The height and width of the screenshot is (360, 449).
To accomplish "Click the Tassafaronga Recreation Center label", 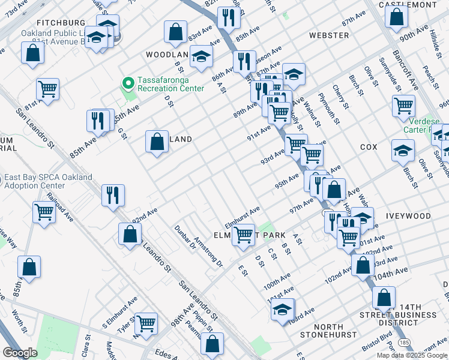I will point(170,84).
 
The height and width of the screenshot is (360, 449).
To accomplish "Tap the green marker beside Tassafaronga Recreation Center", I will point(127,82).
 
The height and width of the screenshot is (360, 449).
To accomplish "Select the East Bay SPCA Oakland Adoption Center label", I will point(48,181).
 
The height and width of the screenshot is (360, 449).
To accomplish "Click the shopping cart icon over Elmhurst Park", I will point(243,234).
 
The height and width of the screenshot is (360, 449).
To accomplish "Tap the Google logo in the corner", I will point(20,353).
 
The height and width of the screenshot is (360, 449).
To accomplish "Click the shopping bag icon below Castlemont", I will point(396,17).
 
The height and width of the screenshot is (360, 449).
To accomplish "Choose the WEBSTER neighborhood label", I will point(328,35).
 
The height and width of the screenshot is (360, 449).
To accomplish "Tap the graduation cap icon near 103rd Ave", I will point(282,310).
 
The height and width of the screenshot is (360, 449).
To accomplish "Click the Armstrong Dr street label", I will point(208,252).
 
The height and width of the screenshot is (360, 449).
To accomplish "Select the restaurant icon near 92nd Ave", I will point(113,195).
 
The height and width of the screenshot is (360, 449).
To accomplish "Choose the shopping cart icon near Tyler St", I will point(146,323).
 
